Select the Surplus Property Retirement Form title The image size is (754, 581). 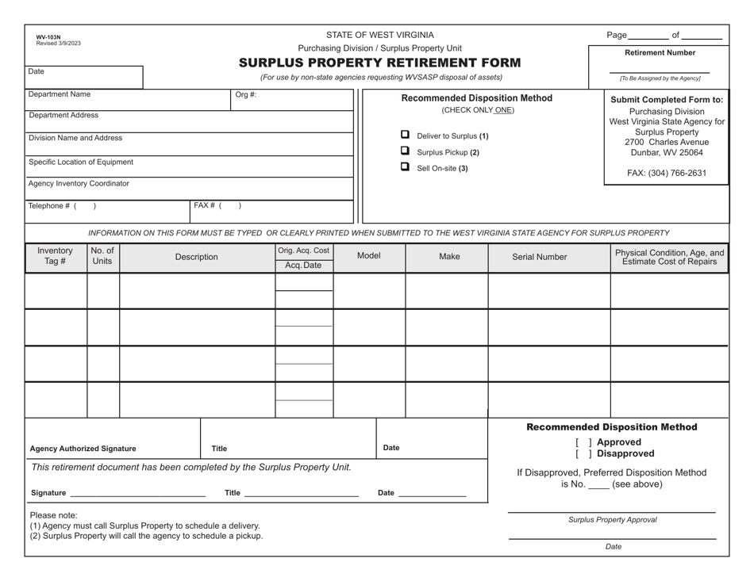[x=379, y=63]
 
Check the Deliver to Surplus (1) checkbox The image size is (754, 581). [x=405, y=135]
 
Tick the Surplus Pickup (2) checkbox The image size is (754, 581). [x=405, y=151]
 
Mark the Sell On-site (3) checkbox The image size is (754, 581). [x=405, y=167]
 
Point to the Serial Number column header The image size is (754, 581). [x=540, y=257]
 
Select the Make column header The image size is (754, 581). [x=449, y=257]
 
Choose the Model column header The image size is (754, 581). [x=369, y=257]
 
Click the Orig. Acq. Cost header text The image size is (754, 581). [x=303, y=250]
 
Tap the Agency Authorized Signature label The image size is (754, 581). [x=83, y=449]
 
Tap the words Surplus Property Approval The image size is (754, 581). [x=612, y=520]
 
